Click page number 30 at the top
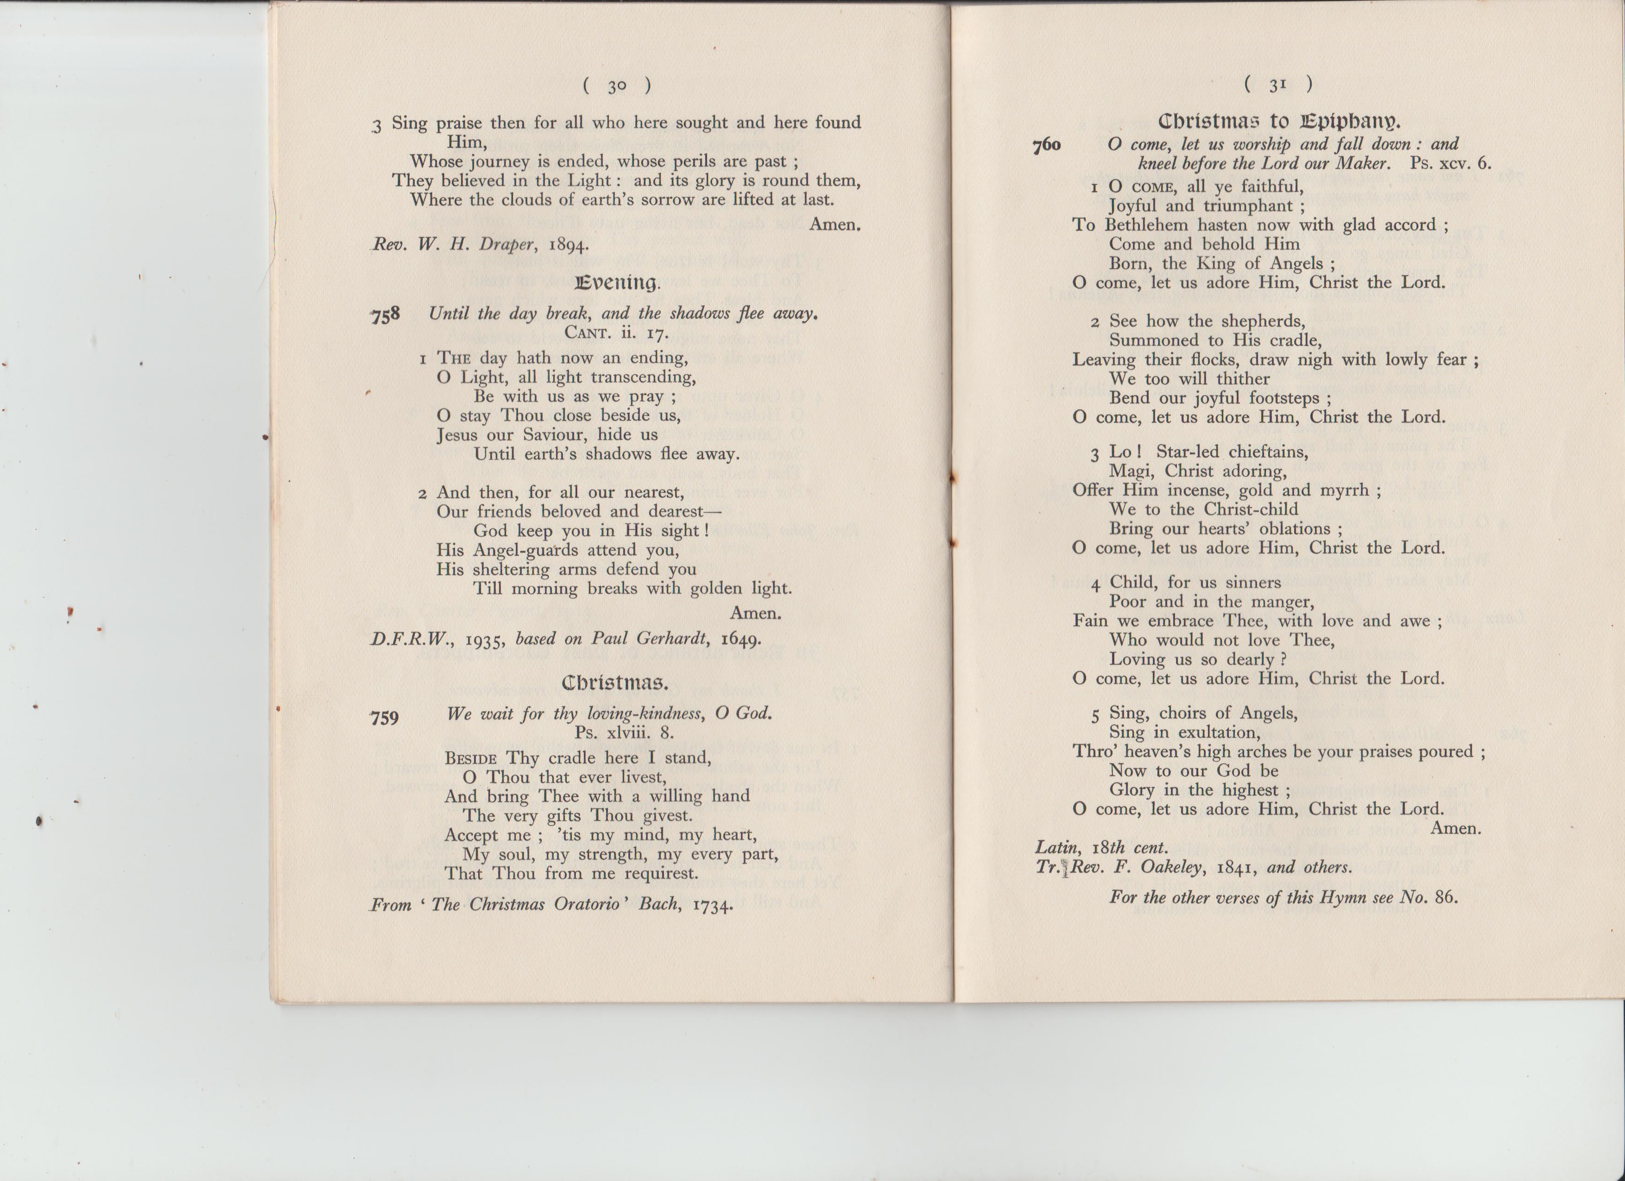click(617, 87)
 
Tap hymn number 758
click(386, 315)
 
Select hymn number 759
click(384, 717)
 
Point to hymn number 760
click(1046, 145)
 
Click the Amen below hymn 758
click(755, 613)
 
